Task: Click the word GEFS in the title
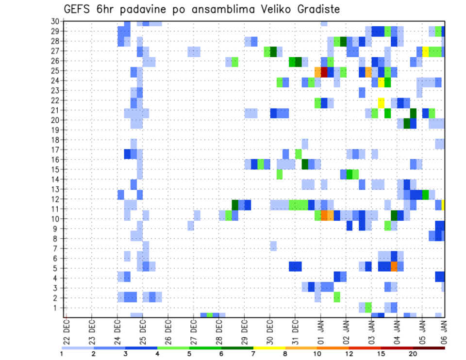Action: [x=78, y=9]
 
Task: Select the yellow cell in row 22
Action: [x=381, y=102]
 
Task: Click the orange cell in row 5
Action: [x=394, y=266]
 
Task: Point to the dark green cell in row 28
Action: [x=343, y=41]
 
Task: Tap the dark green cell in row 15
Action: [x=305, y=164]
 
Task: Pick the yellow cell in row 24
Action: [x=381, y=82]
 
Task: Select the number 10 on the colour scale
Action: [x=318, y=354]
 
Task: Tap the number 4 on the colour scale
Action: [x=157, y=354]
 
